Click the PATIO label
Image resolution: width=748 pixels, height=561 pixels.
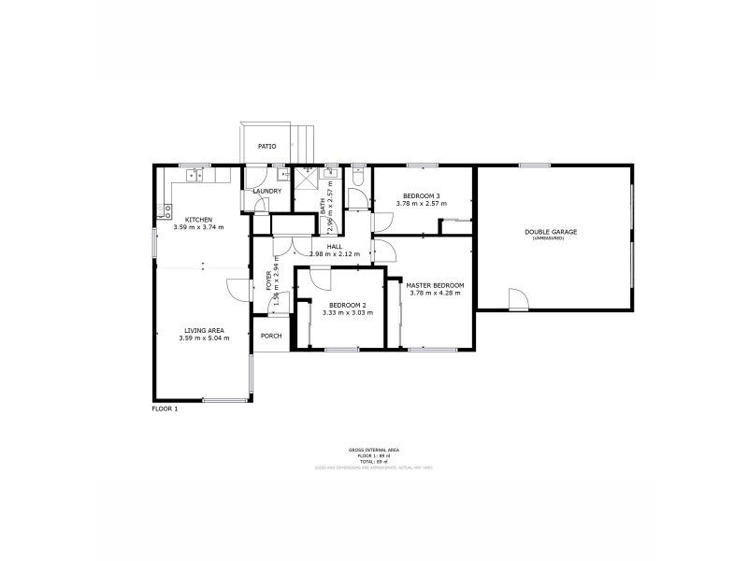click(x=267, y=146)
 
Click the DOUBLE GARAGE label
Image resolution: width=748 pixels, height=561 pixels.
click(x=551, y=232)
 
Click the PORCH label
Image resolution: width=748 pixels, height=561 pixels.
click(x=271, y=336)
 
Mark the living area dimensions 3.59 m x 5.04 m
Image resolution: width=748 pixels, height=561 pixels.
click(x=203, y=338)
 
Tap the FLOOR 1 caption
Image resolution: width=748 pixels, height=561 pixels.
click(x=165, y=409)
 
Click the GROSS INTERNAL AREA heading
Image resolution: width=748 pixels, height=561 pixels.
click(x=373, y=450)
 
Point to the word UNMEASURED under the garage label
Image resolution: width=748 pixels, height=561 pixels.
click(x=551, y=239)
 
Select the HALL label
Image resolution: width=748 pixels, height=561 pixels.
click(x=334, y=246)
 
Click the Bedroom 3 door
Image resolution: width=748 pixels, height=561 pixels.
click(x=381, y=223)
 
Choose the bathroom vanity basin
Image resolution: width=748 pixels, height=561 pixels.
click(x=330, y=173)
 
